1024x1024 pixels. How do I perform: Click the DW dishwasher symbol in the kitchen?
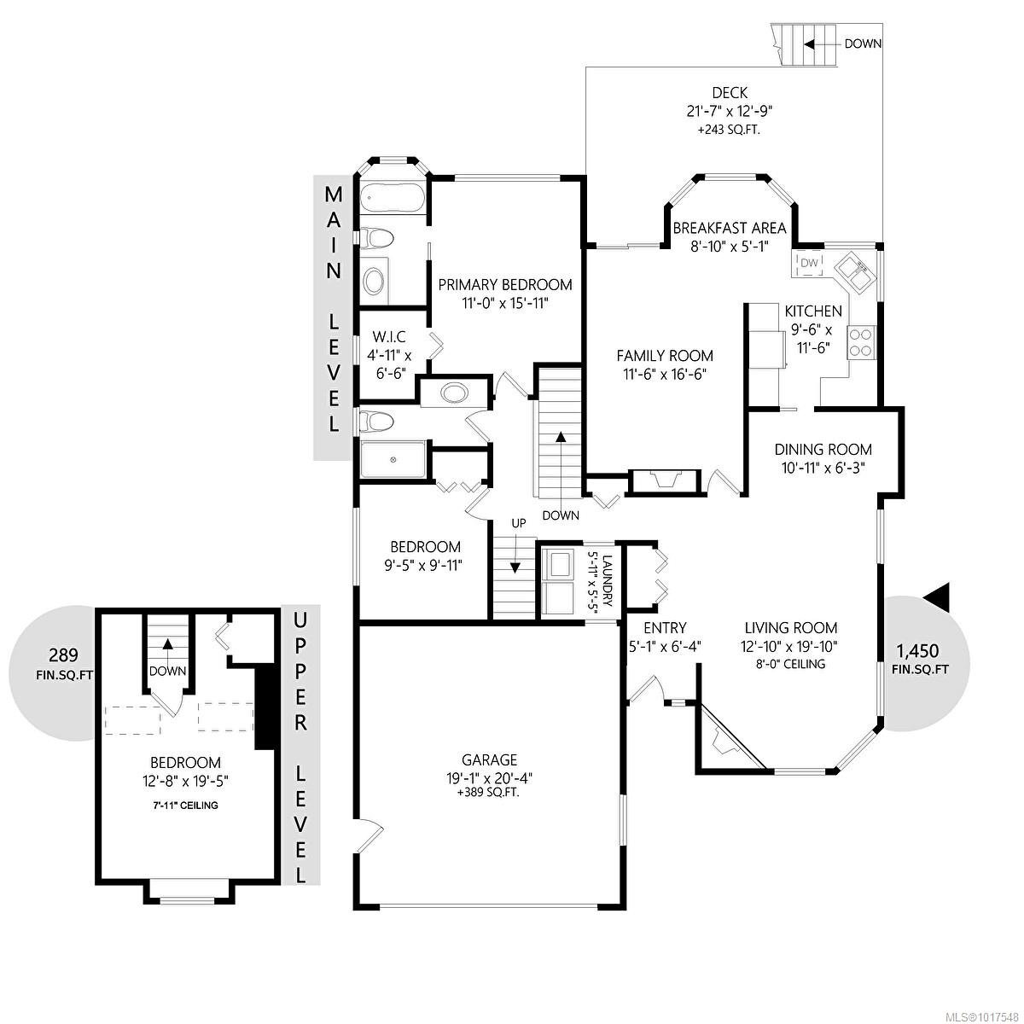click(809, 263)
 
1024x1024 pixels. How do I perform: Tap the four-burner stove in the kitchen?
click(861, 342)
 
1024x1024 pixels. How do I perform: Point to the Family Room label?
click(664, 356)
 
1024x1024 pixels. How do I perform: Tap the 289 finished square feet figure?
click(63, 655)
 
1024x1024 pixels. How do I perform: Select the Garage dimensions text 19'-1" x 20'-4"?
click(489, 778)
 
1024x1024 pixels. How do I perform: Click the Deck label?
click(730, 93)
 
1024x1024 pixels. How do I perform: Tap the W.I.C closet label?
click(388, 336)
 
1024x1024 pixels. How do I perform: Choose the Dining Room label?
click(823, 450)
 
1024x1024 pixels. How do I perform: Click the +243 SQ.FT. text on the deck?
click(729, 131)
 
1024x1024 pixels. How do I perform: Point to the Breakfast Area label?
click(729, 229)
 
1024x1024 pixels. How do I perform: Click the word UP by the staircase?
click(519, 523)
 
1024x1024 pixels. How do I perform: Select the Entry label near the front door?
click(665, 628)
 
